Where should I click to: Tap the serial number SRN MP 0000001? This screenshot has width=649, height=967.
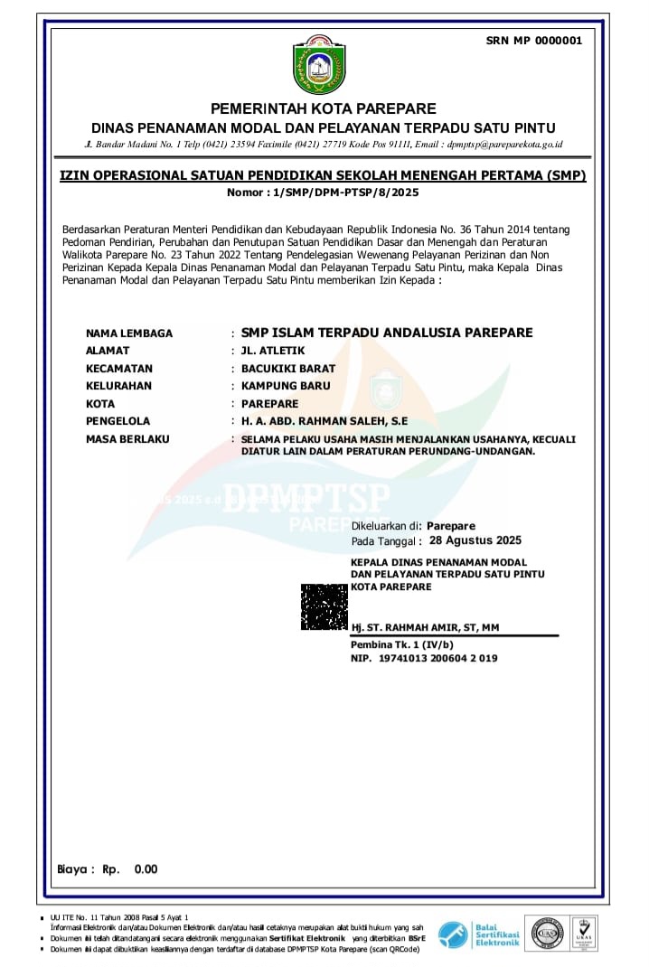pyautogui.click(x=534, y=40)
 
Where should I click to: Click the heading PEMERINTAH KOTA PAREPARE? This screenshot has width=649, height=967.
pyautogui.click(x=324, y=109)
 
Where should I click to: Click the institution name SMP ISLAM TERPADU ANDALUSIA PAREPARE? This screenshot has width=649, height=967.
pyautogui.click(x=387, y=333)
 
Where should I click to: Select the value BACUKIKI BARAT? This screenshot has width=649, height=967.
pyautogui.click(x=288, y=369)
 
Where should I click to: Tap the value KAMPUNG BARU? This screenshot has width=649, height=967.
pyautogui.click(x=286, y=386)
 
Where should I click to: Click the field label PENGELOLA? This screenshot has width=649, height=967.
pyautogui.click(x=118, y=421)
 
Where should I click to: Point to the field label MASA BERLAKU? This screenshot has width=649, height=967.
pyautogui.click(x=127, y=439)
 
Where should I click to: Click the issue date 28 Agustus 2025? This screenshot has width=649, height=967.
pyautogui.click(x=475, y=541)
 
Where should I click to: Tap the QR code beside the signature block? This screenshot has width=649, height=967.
pyautogui.click(x=324, y=606)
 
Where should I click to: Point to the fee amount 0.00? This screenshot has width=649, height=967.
pyautogui.click(x=146, y=869)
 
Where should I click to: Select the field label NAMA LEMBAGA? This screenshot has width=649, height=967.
pyautogui.click(x=129, y=333)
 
